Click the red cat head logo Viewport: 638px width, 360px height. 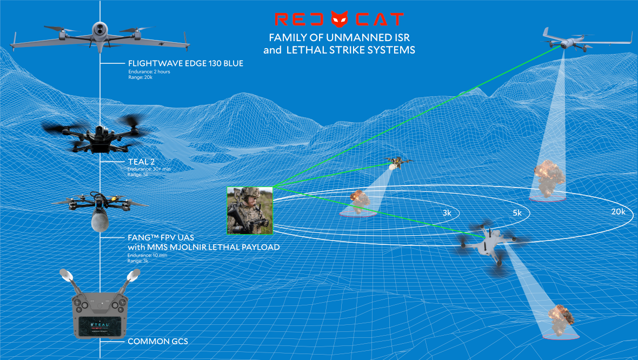click(x=340, y=20)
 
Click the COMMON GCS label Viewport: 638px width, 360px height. click(x=157, y=342)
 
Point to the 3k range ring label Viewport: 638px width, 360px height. click(x=447, y=214)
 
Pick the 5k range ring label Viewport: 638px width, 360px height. click(x=517, y=214)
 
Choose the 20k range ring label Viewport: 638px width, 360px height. click(x=618, y=212)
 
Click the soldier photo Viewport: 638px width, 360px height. click(x=250, y=210)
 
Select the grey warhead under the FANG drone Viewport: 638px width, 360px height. click(x=99, y=221)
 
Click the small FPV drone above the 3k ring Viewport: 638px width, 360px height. click(x=397, y=162)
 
